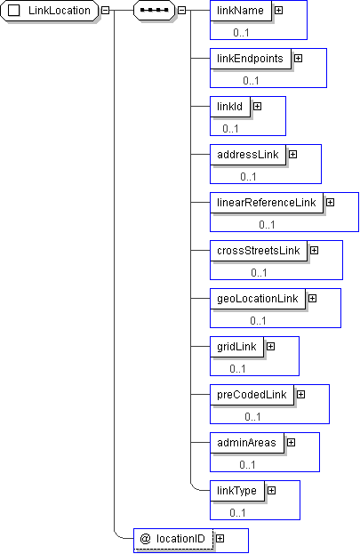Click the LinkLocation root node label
(x=60, y=11)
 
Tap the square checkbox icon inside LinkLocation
(x=14, y=11)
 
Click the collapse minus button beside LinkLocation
(x=105, y=11)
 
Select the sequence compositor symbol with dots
(x=154, y=11)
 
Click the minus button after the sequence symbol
(x=181, y=11)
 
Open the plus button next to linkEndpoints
(x=298, y=59)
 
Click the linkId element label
(x=229, y=107)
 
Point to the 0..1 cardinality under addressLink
(x=248, y=176)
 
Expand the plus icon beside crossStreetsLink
(x=314, y=251)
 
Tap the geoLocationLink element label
(x=258, y=299)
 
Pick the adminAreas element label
(x=246, y=443)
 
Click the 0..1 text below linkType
(x=237, y=513)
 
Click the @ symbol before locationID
(x=145, y=539)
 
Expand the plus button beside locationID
(x=220, y=539)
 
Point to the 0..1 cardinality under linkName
(x=241, y=33)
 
